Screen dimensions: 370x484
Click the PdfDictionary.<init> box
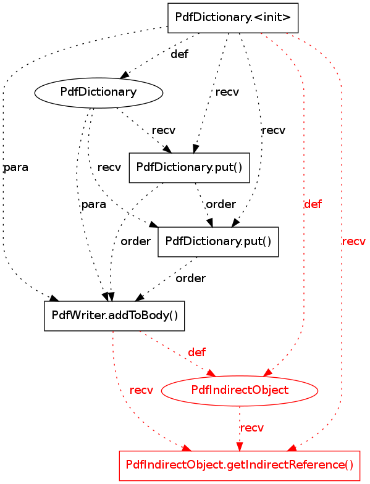coord(233,18)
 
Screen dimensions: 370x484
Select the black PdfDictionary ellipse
coord(99,93)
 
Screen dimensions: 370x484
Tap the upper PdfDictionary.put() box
coord(189,168)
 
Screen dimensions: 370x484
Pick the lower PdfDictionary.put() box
coord(218,242)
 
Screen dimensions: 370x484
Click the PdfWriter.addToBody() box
coord(114,316)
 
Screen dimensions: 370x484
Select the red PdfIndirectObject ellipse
coord(240,390)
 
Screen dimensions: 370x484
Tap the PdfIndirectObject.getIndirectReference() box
coord(240,465)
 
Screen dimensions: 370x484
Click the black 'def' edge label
coord(179,54)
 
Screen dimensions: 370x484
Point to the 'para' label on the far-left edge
coord(16,168)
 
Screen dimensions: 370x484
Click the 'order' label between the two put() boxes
coord(221,204)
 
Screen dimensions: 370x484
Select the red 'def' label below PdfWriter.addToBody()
coord(196,352)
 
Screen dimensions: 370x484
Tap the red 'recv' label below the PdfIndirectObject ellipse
coord(252,428)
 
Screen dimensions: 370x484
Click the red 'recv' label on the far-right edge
coord(354,241)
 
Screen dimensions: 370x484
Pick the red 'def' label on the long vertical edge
coord(313,204)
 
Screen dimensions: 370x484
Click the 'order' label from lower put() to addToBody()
coord(190,278)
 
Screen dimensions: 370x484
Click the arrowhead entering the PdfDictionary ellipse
coord(125,75)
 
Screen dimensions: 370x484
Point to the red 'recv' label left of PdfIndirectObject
coord(141,390)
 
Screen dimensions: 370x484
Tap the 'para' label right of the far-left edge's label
coord(94,205)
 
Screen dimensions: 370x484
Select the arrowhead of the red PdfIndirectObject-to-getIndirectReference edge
coord(240,447)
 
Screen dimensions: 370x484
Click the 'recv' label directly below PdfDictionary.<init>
coord(227,92)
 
